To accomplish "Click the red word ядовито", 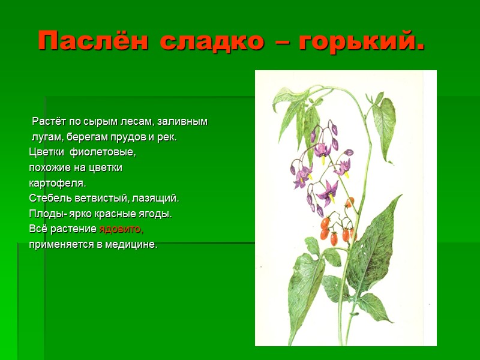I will click(121, 229).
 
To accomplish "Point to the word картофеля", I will click(58, 182).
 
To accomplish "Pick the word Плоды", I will click(43, 214).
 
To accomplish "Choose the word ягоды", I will click(157, 214).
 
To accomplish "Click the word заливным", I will click(184, 122).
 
